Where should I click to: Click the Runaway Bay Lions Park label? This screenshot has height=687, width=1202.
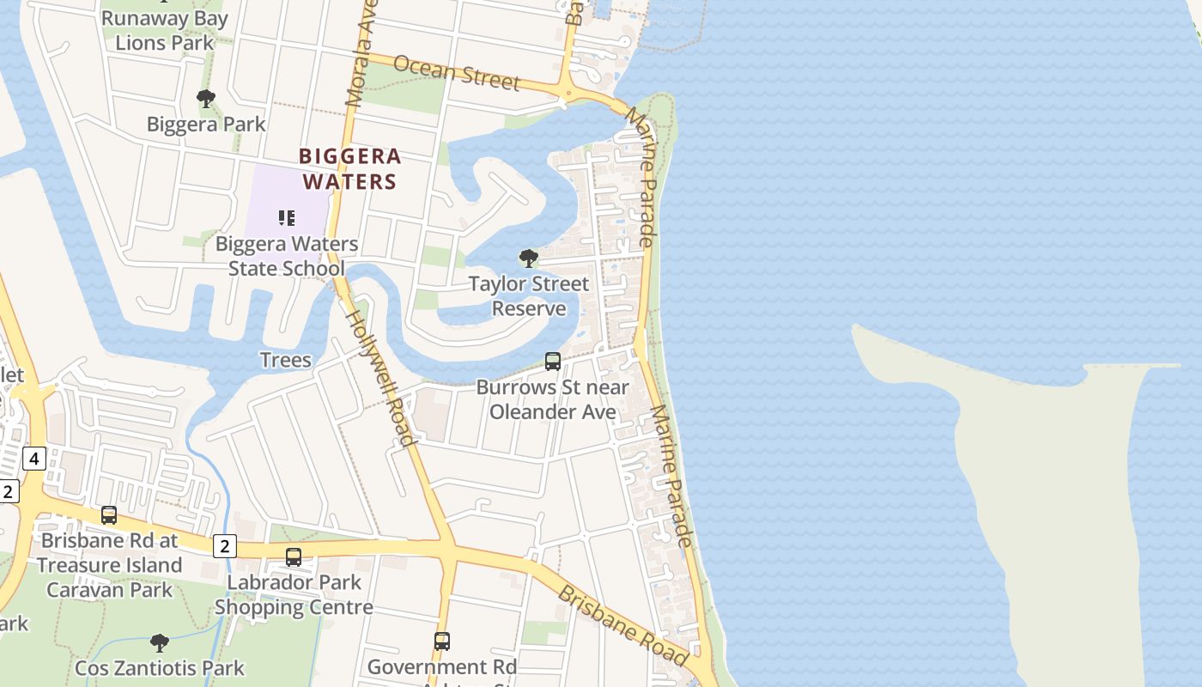pos(165,31)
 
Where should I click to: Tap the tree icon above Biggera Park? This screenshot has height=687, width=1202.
pos(206,99)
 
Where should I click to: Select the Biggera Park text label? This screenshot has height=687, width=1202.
pos(206,124)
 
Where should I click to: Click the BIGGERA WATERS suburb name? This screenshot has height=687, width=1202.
pos(350,168)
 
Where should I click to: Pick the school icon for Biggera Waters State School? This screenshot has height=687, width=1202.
pos(287,218)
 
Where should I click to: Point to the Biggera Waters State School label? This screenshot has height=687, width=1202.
pos(287,256)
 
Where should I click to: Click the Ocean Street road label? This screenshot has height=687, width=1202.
pos(457,72)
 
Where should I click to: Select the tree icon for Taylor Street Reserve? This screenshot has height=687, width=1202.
pos(529,258)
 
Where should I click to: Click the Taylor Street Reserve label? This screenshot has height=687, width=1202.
pos(529,296)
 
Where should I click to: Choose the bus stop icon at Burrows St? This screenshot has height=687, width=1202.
pos(553,362)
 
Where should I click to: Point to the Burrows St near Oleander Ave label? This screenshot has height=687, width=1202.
pos(553,399)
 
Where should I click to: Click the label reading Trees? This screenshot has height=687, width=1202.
pos(285,359)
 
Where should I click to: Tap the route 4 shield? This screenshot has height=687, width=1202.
pos(33,459)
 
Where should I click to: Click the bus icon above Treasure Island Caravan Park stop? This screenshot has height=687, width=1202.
pos(109,515)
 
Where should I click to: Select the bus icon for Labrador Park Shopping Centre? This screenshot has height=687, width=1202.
pos(294,557)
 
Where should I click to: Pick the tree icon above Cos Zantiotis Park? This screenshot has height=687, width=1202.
pos(159,642)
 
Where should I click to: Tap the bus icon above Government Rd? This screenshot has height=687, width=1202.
pos(442,641)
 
